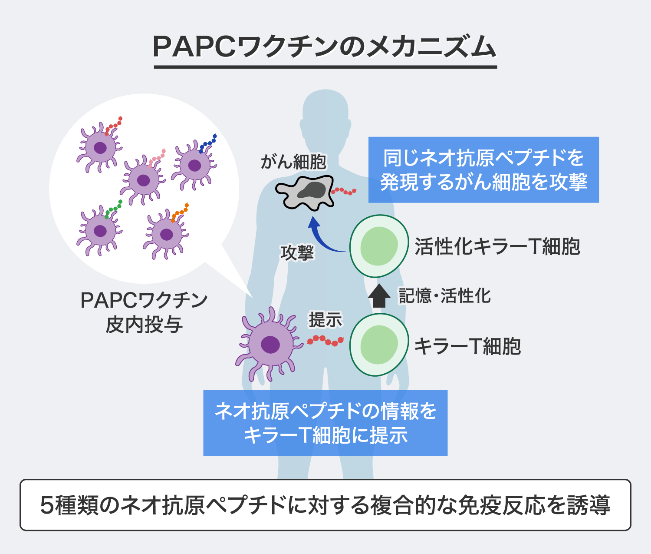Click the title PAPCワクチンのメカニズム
tap(325, 47)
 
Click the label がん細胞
tap(293, 162)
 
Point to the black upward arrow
tap(379, 296)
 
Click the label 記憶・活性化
tap(444, 296)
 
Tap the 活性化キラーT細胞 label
tap(497, 246)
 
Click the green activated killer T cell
tap(379, 246)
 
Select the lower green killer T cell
tap(379, 345)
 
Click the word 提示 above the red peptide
tap(325, 320)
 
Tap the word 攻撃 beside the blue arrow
tap(297, 252)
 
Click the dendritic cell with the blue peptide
tap(194, 165)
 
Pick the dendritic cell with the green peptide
tap(100, 231)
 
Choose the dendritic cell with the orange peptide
tap(166, 235)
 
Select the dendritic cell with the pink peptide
tap(143, 180)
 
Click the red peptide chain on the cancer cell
tap(344, 191)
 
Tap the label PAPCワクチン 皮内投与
tap(144, 312)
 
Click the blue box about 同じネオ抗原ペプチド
tap(483, 170)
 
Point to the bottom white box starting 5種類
tap(325, 505)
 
